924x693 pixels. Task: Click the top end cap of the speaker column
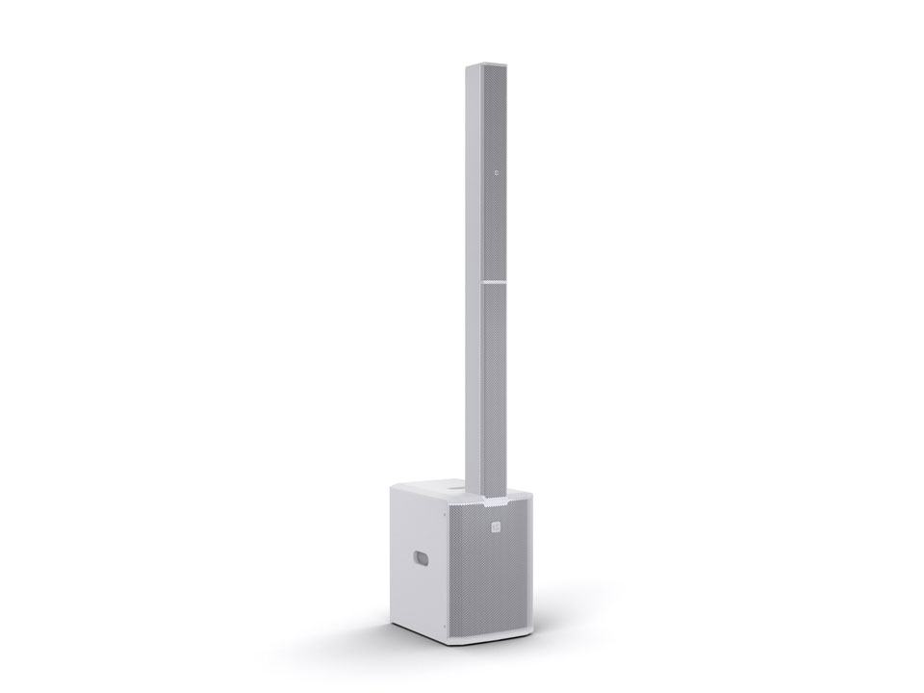coord(486,65)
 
